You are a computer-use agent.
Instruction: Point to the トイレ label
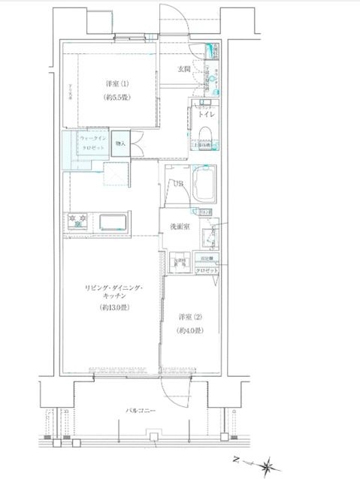[207, 116]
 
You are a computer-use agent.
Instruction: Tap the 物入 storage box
[122, 143]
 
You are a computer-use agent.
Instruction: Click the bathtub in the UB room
[204, 185]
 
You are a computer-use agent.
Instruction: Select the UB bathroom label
[178, 184]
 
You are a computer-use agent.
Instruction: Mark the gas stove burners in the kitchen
[78, 221]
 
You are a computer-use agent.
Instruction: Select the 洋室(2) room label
[189, 317]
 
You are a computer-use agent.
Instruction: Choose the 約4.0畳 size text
[189, 330]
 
